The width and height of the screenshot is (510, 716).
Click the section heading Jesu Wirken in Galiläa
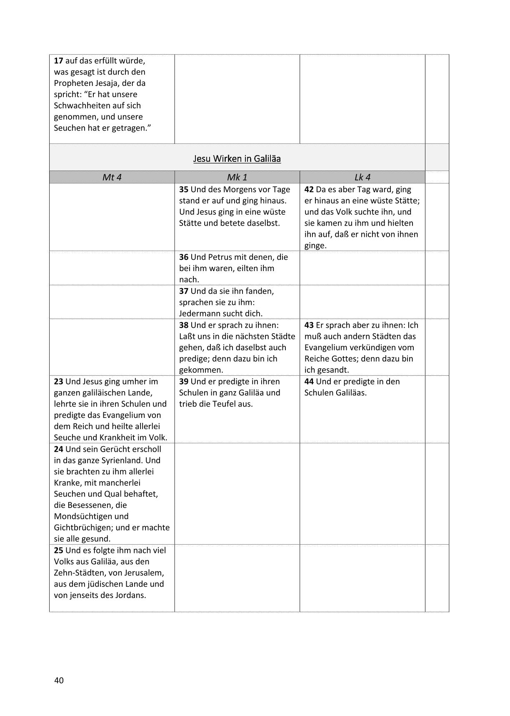click(237, 159)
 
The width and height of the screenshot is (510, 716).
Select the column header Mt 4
click(112, 177)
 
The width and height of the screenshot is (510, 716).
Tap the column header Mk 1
click(237, 177)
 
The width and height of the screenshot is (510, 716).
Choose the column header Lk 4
click(362, 177)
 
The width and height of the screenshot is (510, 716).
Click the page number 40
click(59, 681)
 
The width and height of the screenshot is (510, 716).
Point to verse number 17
click(58, 61)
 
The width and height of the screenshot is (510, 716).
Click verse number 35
click(184, 190)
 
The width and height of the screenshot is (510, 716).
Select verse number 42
click(309, 190)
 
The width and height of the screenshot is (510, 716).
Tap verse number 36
click(184, 257)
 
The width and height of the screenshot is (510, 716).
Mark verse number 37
click(184, 291)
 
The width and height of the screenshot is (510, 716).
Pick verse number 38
click(184, 325)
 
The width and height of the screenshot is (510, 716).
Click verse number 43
click(309, 325)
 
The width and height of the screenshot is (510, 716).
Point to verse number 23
click(58, 382)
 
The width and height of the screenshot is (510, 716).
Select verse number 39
click(184, 382)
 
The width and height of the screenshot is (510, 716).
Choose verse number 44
click(309, 382)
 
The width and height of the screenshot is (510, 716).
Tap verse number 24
click(58, 449)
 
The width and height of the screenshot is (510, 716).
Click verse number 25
click(58, 550)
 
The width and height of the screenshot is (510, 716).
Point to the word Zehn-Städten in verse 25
click(77, 573)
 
